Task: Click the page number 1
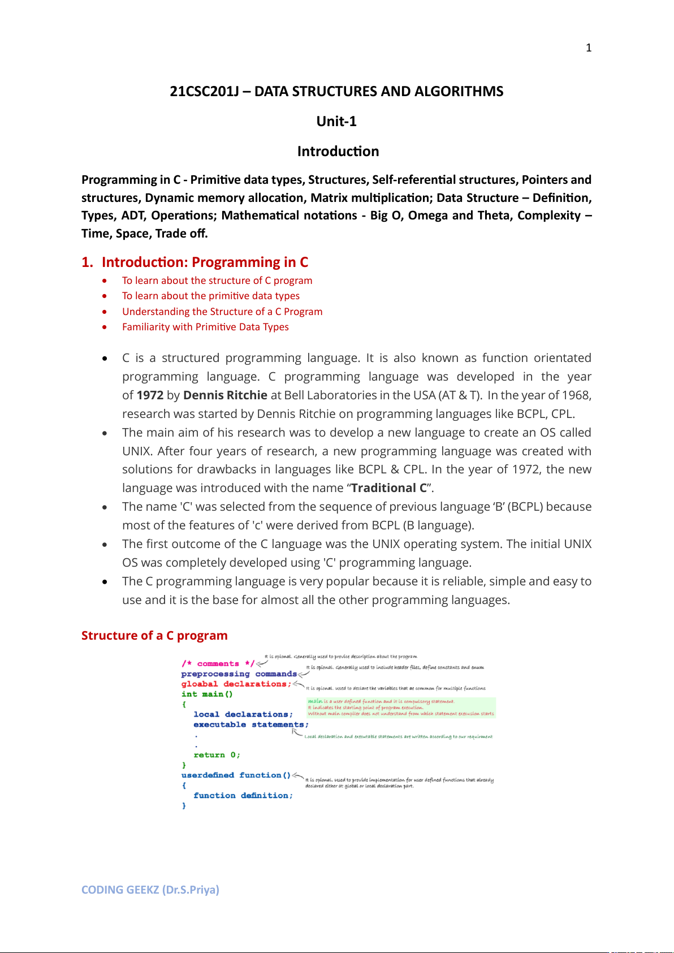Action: point(589,48)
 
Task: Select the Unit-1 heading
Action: point(336,122)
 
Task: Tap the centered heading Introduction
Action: point(338,152)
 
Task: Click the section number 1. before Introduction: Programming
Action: point(87,262)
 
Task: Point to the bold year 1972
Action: point(150,395)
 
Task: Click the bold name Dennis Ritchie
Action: point(225,395)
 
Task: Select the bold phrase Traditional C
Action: point(389,488)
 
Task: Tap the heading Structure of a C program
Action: point(154,636)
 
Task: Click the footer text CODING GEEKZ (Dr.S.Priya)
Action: point(150,890)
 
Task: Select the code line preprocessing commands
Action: point(239,674)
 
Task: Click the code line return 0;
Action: point(217,755)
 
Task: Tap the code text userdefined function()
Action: point(236,775)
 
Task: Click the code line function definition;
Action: point(243,796)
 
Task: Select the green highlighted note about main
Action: point(401,708)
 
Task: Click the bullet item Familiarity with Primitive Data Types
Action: point(205,327)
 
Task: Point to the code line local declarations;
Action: point(243,715)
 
